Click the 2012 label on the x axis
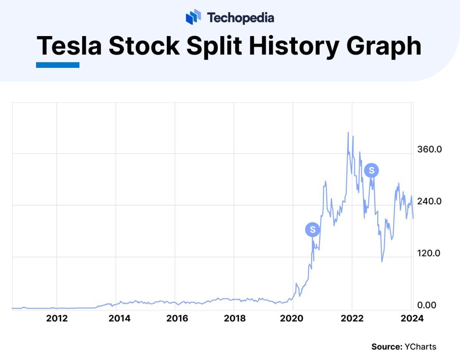pyautogui.click(x=56, y=319)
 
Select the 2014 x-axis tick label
pyautogui.click(x=119, y=319)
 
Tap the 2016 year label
pyautogui.click(x=177, y=319)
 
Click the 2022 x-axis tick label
pyautogui.click(x=352, y=319)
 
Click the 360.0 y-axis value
pyautogui.click(x=429, y=149)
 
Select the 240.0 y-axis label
pyautogui.click(x=429, y=201)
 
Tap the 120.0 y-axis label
pyautogui.click(x=429, y=253)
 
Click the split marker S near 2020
pyautogui.click(x=312, y=230)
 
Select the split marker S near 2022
pyautogui.click(x=371, y=170)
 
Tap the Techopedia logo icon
pyautogui.click(x=194, y=17)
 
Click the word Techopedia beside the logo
pyautogui.click(x=240, y=18)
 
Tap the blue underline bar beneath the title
pyautogui.click(x=58, y=65)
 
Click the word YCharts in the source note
pyautogui.click(x=421, y=347)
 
